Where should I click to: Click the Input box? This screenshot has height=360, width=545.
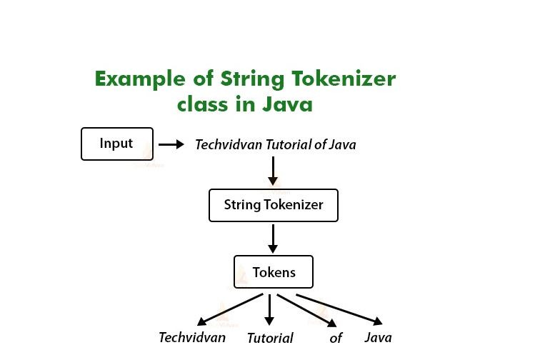[117, 144]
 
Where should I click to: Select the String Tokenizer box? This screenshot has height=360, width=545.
[273, 205]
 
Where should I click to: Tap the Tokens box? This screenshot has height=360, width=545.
[274, 272]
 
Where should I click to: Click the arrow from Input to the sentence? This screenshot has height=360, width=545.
[171, 144]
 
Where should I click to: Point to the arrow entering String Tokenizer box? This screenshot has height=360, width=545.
[272, 171]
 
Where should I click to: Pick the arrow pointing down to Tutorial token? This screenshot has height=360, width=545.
[269, 309]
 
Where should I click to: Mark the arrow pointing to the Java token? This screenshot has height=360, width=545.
[339, 309]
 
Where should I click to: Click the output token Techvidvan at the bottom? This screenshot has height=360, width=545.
[192, 337]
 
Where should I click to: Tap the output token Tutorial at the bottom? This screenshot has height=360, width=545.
[270, 339]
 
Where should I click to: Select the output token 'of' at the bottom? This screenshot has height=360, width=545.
[336, 338]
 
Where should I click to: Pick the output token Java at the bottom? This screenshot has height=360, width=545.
[378, 337]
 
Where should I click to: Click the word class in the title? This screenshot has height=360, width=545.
[203, 105]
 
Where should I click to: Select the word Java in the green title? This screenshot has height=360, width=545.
[286, 105]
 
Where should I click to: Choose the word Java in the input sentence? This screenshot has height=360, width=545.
[342, 144]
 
